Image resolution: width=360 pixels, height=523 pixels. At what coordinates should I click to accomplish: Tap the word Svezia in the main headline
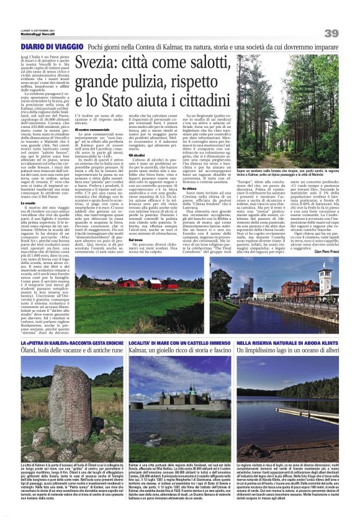[x=102, y=63]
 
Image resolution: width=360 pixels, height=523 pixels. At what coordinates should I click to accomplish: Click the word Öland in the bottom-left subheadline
[x=30, y=352]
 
